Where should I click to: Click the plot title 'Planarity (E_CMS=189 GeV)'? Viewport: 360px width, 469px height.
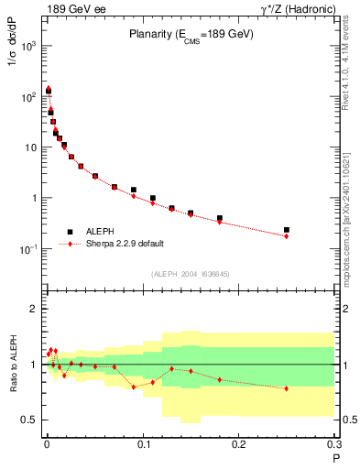click(190, 36)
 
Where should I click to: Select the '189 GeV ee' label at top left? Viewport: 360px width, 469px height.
click(74, 8)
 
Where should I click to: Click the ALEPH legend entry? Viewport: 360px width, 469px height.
click(110, 232)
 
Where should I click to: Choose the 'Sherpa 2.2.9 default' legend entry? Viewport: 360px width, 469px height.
click(127, 245)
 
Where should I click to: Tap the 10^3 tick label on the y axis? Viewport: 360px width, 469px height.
click(28, 45)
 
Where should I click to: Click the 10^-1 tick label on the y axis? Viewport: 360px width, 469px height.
click(27, 249)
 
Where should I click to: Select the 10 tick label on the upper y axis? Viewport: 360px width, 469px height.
click(31, 147)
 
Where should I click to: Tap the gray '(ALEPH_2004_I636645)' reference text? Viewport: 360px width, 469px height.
click(190, 273)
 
